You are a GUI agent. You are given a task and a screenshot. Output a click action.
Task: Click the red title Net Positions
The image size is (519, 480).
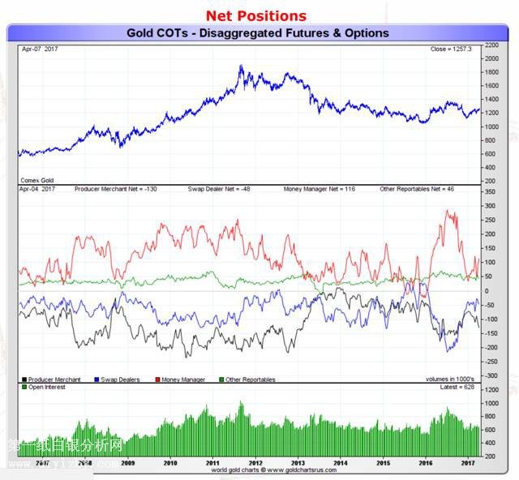point(256,15)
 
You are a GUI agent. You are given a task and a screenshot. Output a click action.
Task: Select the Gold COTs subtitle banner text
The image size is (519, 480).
point(258,33)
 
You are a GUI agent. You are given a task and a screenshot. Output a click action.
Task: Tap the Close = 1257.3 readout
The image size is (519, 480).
point(450,49)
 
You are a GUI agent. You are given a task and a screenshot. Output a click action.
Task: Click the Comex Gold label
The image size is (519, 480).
point(37,178)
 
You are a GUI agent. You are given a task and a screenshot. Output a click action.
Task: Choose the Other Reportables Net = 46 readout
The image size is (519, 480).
point(418,189)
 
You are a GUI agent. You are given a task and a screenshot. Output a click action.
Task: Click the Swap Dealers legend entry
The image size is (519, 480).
point(118,379)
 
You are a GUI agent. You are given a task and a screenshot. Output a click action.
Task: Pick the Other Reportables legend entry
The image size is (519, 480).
point(251,379)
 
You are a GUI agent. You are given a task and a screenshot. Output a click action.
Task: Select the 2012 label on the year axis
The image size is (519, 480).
point(253,463)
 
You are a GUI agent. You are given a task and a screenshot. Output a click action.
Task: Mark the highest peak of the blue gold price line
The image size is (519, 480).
point(241,66)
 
